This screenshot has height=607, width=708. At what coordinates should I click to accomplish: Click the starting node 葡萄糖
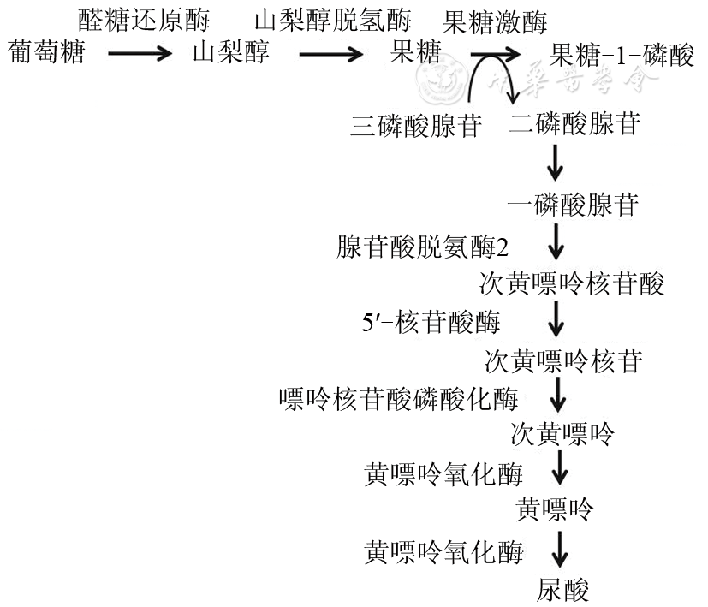pos(45,56)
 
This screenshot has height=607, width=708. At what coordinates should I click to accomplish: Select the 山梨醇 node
pos(231,56)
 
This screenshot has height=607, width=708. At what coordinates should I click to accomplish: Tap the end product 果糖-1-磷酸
pos(622,57)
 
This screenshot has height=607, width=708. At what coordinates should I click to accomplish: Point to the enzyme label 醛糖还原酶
pos(143,18)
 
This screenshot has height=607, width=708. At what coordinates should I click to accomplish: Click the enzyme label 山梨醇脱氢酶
pos(333,18)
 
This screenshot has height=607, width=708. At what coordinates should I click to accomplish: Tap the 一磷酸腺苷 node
pos(573,205)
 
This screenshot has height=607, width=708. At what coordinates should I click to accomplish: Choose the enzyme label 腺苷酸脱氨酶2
pos(423,248)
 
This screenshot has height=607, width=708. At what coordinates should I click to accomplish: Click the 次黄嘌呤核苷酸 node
pos(572,283)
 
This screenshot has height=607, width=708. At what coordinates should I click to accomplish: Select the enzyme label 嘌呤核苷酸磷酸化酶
pos(398,398)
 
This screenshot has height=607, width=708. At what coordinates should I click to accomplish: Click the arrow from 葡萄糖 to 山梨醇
pos(140,57)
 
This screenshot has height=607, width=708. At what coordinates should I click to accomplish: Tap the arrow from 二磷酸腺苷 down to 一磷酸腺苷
pos(556,164)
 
